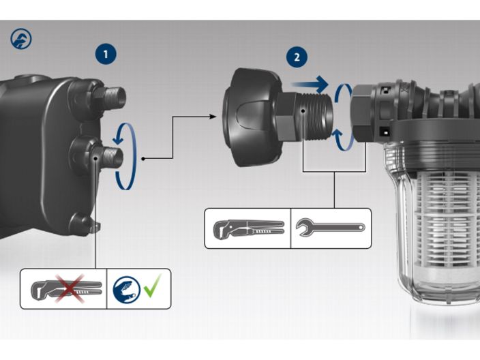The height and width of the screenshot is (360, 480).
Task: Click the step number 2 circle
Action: tap(296, 57)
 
